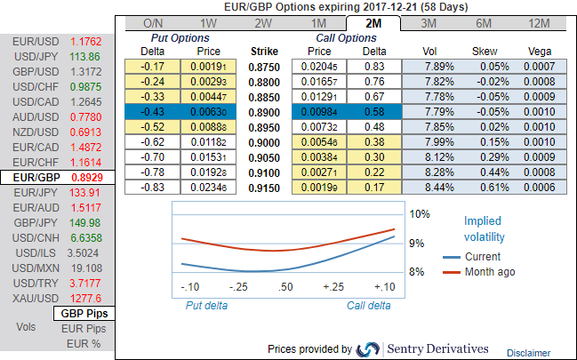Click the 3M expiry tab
coord(429,23)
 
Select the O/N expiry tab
coord(152,23)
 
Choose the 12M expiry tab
coord(539,23)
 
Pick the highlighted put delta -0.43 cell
coord(152,110)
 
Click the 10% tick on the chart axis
coord(420,214)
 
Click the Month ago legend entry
coord(489,272)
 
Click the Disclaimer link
coord(529,353)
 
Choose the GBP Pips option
coord(85,314)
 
